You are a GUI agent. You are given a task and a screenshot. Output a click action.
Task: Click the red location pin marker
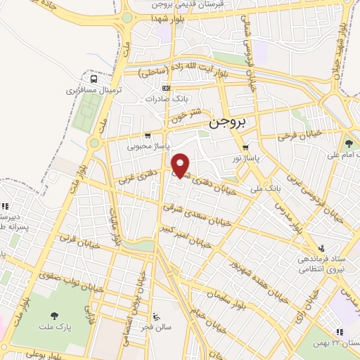(x=181, y=166)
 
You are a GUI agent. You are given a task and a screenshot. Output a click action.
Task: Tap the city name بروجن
(x=229, y=123)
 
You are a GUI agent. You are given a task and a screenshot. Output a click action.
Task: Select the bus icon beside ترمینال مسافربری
(x=94, y=79)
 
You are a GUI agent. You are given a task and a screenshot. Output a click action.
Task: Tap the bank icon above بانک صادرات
(x=166, y=88)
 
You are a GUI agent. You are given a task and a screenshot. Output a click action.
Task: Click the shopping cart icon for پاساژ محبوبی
(x=147, y=136)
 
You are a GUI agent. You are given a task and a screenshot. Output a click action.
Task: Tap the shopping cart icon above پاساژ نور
(x=245, y=148)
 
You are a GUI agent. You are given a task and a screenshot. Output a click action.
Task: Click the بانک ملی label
(x=269, y=188)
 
